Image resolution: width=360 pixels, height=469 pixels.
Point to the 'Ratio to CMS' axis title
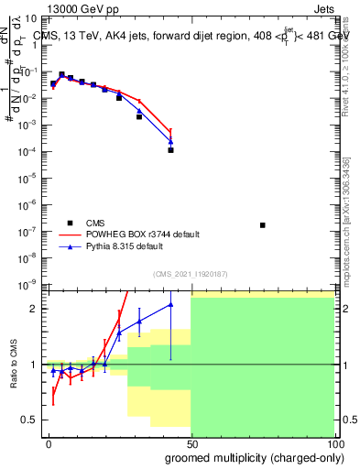(14, 364)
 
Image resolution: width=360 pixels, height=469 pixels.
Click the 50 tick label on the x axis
(191, 442)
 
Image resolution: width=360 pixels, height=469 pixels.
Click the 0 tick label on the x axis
(49, 442)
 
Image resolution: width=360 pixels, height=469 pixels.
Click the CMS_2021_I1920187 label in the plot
(189, 274)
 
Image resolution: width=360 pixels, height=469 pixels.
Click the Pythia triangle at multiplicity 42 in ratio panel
(170, 305)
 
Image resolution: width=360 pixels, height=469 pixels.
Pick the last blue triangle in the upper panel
(170, 141)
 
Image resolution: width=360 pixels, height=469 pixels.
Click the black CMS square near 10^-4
(170, 150)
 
